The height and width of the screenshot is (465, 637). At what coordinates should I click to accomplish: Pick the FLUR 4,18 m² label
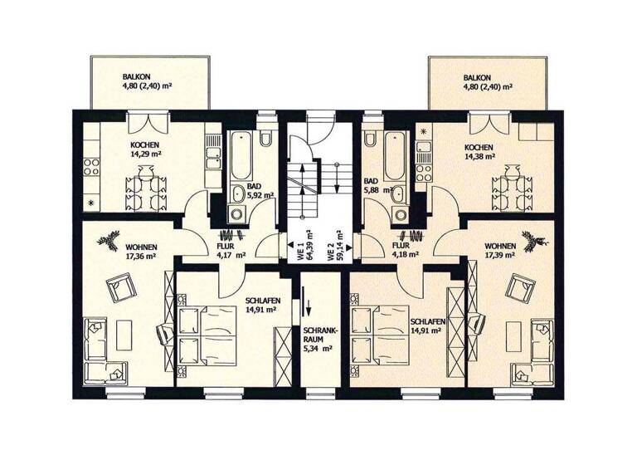(402, 251)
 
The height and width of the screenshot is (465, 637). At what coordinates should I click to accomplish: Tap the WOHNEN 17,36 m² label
(142, 252)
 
